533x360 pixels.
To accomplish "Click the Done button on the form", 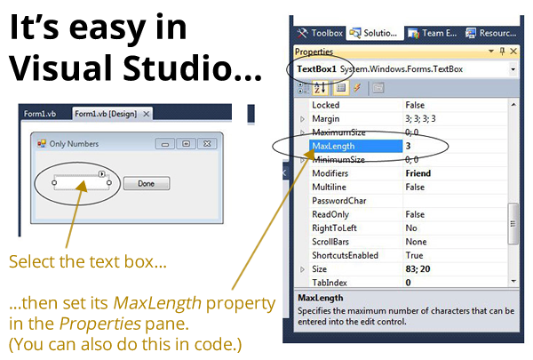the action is [147, 183].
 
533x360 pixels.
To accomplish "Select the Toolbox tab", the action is [320, 33].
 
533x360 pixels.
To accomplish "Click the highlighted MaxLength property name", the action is [333, 146].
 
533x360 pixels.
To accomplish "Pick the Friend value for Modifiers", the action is [418, 173].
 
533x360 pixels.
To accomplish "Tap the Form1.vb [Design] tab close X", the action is [147, 114].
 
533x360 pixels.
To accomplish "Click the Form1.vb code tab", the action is [40, 114].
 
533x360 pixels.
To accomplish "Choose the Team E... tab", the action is [432, 33].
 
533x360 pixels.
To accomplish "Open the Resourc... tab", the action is [491, 33].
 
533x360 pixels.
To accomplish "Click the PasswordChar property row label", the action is [339, 201].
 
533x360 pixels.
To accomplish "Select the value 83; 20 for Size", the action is [418, 268].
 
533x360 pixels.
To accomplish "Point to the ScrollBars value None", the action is [416, 242].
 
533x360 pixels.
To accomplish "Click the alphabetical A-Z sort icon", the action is [320, 88].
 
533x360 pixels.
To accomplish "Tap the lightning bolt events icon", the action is [357, 88].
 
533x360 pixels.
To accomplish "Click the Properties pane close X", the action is [513, 52].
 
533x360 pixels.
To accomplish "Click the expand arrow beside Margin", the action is [302, 119].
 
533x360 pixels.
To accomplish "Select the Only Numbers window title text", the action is [74, 144].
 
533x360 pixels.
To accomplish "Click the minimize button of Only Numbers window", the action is [165, 144].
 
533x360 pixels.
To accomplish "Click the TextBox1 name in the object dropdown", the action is [316, 69].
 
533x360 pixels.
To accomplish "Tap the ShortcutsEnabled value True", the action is [414, 255].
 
